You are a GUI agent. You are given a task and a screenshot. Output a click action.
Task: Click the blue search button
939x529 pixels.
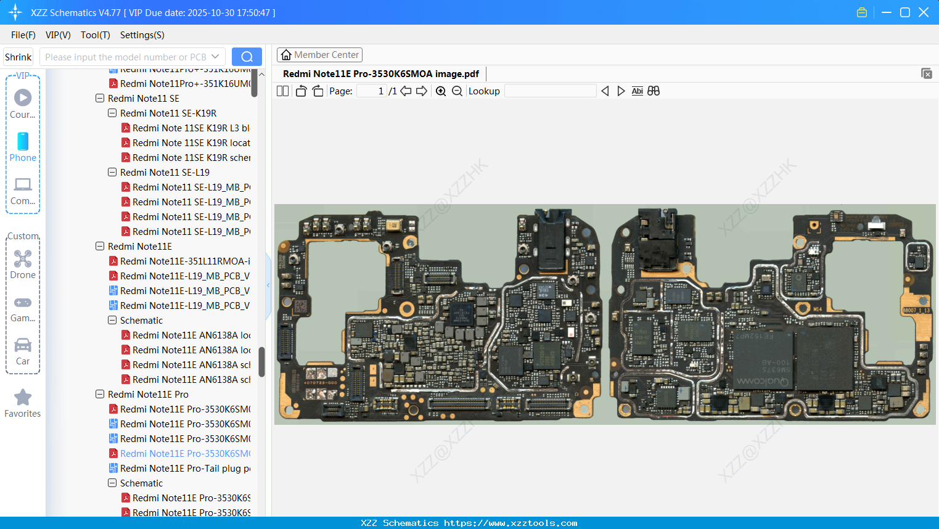pos(247,57)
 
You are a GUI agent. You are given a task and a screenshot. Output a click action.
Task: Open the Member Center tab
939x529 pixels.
pos(319,55)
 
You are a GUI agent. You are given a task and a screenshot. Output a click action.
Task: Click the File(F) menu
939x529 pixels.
pos(23,35)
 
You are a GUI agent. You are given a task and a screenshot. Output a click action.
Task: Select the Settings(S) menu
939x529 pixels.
pos(142,35)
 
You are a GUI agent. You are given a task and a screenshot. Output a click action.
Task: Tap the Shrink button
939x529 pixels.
pos(18,57)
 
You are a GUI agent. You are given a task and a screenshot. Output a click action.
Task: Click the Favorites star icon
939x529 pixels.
pos(23,398)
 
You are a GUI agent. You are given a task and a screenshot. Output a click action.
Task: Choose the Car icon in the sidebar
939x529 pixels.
pos(23,345)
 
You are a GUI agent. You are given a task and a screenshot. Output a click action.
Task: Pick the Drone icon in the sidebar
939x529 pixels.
pos(23,259)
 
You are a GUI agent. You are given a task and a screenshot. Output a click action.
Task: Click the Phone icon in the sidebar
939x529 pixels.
pos(23,142)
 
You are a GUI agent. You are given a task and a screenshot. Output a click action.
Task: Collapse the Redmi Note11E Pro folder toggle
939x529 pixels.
pos(100,395)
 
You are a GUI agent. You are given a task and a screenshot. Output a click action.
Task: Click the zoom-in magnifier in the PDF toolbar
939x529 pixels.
pos(441,91)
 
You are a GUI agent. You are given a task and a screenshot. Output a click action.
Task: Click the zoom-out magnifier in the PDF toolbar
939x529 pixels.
pos(457,91)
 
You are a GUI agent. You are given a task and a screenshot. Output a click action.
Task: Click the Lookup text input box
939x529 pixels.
pos(550,91)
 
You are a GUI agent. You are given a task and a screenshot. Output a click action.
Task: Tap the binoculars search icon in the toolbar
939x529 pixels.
pos(654,91)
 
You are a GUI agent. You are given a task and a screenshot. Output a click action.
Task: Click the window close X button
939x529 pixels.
pos(924,12)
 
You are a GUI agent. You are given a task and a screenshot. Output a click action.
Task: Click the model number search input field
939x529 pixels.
pos(126,57)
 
